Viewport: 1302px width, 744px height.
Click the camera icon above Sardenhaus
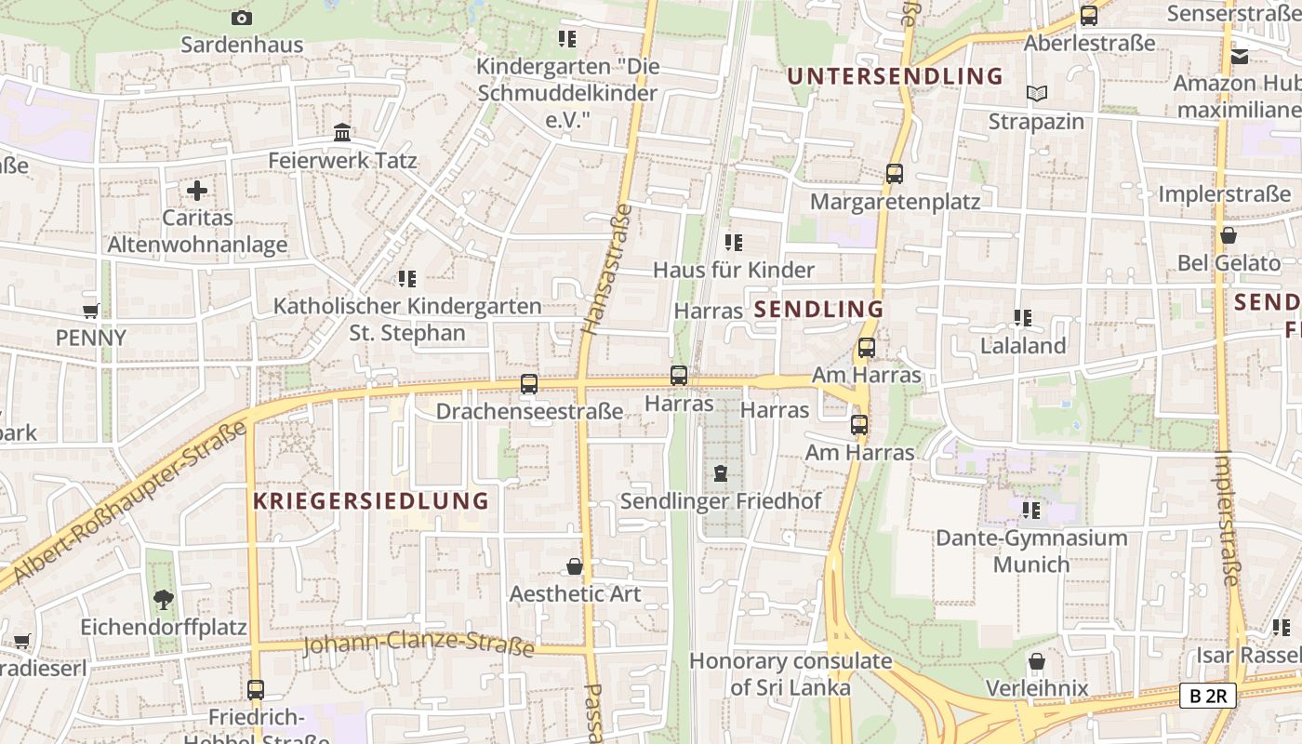pyautogui.click(x=241, y=18)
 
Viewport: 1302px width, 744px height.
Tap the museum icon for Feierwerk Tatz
pyautogui.click(x=342, y=133)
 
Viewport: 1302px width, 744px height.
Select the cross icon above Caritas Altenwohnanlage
pyautogui.click(x=197, y=191)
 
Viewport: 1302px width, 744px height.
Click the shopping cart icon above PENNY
pyautogui.click(x=90, y=311)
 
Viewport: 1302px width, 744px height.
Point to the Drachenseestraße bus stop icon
pyautogui.click(x=529, y=383)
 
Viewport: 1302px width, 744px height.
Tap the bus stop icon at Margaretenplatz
pyautogui.click(x=895, y=173)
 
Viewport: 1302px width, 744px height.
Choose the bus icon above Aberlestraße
pyautogui.click(x=1088, y=15)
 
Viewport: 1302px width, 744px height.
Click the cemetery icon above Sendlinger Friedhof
pyautogui.click(x=720, y=473)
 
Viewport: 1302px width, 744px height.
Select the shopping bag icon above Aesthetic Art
pyautogui.click(x=575, y=566)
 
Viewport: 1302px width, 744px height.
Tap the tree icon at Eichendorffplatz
pyautogui.click(x=164, y=599)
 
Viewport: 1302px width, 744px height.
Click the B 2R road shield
pyautogui.click(x=1207, y=695)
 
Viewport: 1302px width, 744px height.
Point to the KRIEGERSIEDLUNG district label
pyautogui.click(x=371, y=500)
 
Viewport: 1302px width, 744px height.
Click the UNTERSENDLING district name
pyautogui.click(x=896, y=76)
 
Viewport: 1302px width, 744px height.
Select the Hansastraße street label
pyautogui.click(x=606, y=269)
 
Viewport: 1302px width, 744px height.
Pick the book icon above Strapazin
pyautogui.click(x=1036, y=93)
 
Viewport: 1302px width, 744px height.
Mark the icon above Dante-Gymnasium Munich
pyautogui.click(x=1030, y=510)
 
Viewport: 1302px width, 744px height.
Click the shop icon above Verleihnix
pyautogui.click(x=1037, y=661)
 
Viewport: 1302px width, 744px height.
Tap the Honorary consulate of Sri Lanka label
pyautogui.click(x=790, y=674)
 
